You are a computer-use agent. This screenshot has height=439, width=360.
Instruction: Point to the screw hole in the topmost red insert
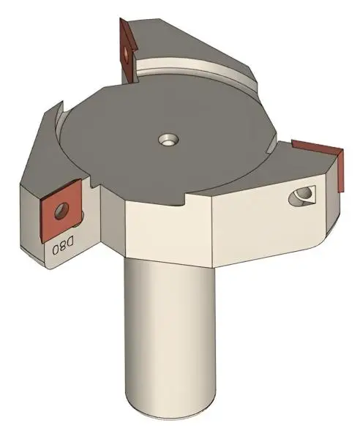point(130,51)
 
